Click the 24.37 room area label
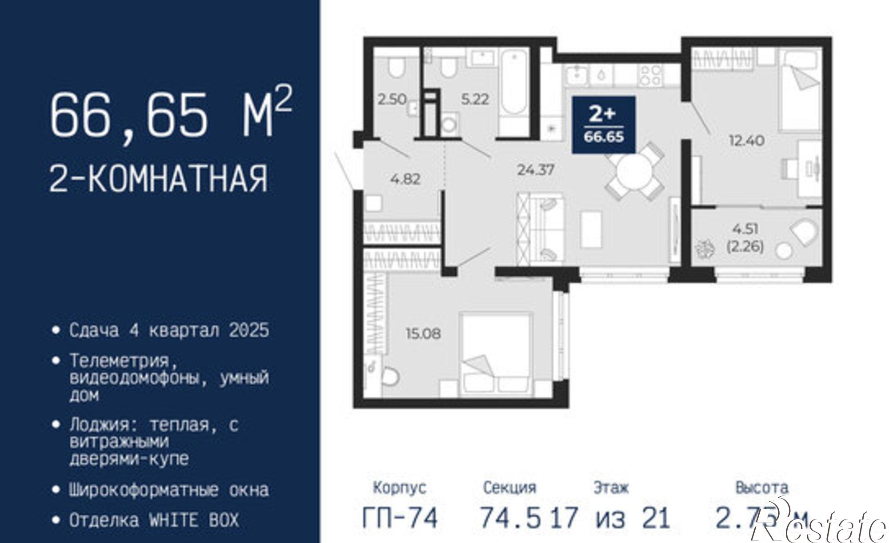click(536, 170)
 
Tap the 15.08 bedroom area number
click(423, 333)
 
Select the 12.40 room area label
click(746, 141)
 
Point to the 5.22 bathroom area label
click(475, 99)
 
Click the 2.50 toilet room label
click(392, 99)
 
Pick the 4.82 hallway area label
click(405, 179)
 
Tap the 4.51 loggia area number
click(745, 229)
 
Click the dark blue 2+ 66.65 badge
click(603, 125)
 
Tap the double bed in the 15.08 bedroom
click(496, 355)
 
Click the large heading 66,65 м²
click(171, 115)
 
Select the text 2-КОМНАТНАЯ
click(158, 178)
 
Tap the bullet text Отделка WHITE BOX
click(154, 520)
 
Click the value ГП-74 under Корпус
click(400, 518)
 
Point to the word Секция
click(509, 488)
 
